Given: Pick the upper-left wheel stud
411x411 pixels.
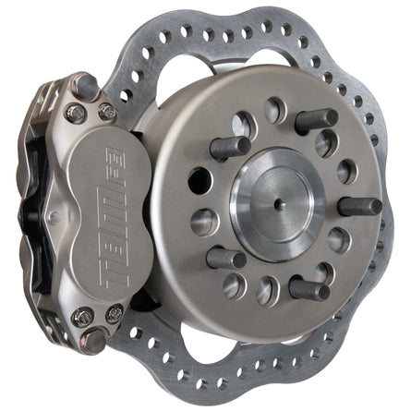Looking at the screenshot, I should (230, 148).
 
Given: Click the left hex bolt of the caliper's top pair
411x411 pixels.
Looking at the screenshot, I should (77, 115).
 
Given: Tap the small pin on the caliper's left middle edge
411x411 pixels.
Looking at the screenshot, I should (52, 220).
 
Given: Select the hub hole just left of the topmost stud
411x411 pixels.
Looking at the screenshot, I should (274, 111).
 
